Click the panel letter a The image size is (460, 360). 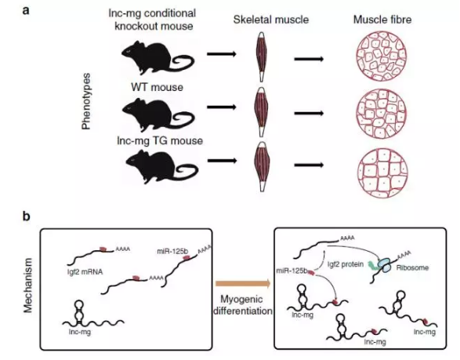(26, 11)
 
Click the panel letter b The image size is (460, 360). (27, 216)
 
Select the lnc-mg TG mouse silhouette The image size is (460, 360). (162, 167)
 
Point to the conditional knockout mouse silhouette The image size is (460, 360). (158, 58)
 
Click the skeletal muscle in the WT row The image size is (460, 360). (261, 111)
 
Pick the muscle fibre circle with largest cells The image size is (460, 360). (382, 173)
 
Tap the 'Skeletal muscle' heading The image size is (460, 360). (271, 20)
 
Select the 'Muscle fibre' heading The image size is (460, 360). (382, 20)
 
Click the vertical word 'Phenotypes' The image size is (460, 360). (86, 101)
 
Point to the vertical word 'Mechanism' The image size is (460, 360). (28, 285)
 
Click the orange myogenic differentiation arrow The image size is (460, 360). (243, 283)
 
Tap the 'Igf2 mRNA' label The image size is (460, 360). (85, 272)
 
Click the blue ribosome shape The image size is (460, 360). (385, 264)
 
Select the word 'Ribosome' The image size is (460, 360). (412, 267)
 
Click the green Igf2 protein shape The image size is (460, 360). (372, 265)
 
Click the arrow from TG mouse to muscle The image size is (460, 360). (222, 161)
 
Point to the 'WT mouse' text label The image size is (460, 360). (157, 87)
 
